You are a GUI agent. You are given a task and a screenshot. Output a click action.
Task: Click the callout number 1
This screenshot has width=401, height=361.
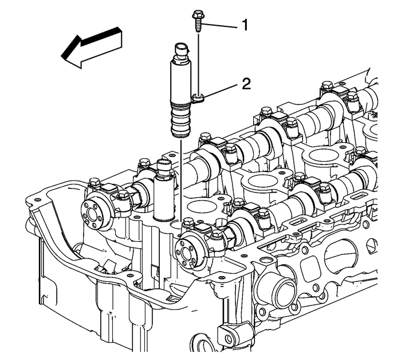tap(245, 26)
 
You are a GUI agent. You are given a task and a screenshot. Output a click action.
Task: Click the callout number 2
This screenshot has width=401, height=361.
tap(246, 84)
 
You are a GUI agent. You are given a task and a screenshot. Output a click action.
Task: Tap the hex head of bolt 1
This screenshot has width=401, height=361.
tap(198, 14)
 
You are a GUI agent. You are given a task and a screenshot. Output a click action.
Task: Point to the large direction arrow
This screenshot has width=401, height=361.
tap(92, 48)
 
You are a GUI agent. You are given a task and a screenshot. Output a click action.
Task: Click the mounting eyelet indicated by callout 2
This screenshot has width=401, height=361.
tap(198, 97)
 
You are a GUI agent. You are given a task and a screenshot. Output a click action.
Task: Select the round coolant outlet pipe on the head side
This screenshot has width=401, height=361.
tap(284, 291)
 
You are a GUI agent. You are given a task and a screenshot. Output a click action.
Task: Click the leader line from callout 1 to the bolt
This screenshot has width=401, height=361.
tap(219, 25)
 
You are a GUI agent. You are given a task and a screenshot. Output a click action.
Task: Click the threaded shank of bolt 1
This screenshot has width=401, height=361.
tap(198, 25)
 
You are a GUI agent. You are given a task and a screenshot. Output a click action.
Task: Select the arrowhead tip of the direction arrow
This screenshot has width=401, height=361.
tap(61, 55)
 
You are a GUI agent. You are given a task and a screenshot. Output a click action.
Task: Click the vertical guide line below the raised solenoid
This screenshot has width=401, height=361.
tap(181, 180)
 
